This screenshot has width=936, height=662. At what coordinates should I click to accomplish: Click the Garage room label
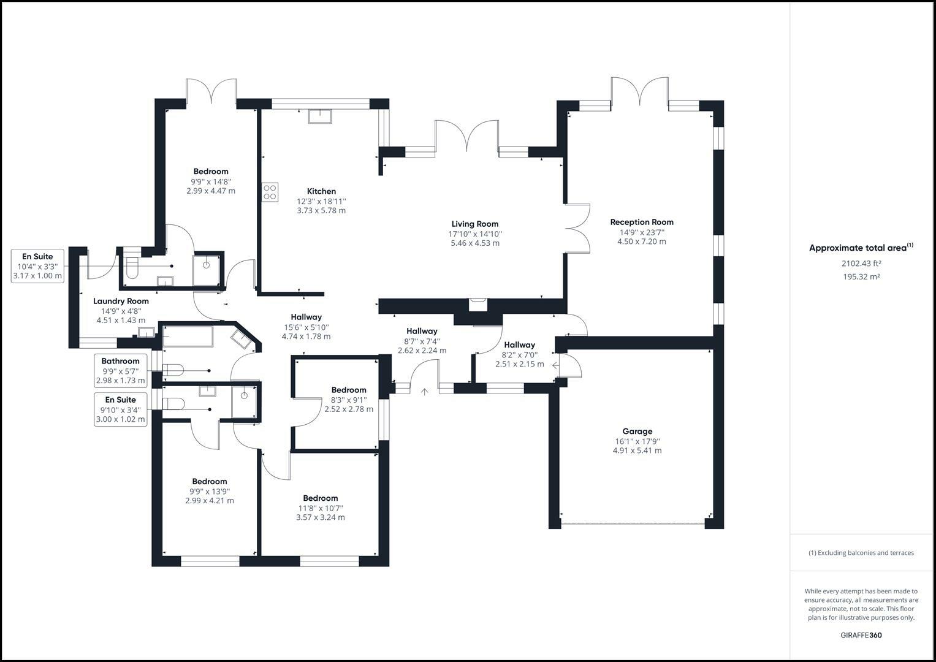(x=637, y=432)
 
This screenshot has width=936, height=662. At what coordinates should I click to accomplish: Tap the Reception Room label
(x=641, y=223)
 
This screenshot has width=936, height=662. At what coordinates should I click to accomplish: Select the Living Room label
(x=474, y=224)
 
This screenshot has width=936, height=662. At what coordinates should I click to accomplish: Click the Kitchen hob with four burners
(x=270, y=192)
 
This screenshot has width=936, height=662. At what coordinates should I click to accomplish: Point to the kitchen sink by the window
(x=319, y=116)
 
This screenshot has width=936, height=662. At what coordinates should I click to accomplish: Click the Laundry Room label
(x=121, y=301)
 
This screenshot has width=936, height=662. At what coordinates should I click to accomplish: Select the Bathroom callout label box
(x=121, y=371)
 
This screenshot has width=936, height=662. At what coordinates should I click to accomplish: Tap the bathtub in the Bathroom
(x=187, y=337)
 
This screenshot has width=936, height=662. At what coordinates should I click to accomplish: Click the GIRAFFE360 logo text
(x=861, y=635)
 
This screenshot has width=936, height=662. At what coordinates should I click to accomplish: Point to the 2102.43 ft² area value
(x=861, y=264)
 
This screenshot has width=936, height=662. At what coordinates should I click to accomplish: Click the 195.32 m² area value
(x=861, y=276)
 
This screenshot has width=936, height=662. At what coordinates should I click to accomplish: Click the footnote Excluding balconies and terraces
(x=861, y=552)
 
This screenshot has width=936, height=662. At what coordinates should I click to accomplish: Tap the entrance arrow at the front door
(x=424, y=392)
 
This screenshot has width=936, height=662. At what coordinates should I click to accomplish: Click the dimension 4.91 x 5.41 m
(x=637, y=451)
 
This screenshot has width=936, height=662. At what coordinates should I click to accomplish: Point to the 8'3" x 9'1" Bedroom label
(x=349, y=390)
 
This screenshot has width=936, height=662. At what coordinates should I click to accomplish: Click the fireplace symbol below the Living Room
(x=478, y=304)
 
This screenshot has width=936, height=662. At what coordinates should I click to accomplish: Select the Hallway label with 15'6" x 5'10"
(x=306, y=317)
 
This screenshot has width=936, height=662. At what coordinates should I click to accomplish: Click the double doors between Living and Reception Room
(x=577, y=229)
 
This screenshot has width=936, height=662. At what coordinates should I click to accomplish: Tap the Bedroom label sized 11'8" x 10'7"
(x=320, y=498)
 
